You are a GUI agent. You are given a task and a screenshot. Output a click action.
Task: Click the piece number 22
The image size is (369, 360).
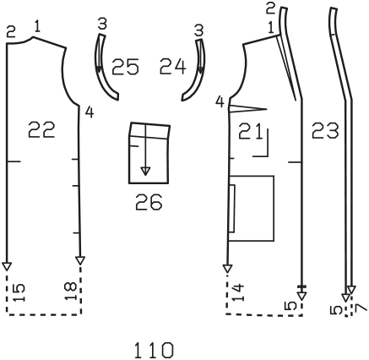point(41,130)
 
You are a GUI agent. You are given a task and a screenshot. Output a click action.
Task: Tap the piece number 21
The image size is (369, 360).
point(251,131)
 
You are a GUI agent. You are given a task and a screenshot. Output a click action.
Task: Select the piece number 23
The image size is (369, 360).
point(325,131)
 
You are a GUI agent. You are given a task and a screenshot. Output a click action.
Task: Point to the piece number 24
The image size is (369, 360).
point(173,67)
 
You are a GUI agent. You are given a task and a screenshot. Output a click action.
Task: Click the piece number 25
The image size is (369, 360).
point(125,67)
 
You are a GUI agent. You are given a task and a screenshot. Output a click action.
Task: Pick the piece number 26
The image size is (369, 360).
point(149,202)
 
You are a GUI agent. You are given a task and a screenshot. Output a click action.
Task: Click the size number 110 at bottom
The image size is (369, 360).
point(154,350)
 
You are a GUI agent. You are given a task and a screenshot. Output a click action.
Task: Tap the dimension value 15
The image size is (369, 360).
point(19,292)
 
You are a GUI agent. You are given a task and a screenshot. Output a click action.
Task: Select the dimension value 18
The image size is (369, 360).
point(70,292)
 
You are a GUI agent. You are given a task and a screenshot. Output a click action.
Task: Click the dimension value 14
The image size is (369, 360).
point(238,293)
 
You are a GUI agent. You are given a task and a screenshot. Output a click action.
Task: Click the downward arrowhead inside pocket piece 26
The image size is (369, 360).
point(145,172)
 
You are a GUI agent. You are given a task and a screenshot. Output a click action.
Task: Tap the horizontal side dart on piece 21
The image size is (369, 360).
point(248,108)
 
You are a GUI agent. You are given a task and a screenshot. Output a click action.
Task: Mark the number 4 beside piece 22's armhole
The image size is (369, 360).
point(90,112)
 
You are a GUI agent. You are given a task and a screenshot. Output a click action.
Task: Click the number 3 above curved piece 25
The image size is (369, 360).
point(102,24)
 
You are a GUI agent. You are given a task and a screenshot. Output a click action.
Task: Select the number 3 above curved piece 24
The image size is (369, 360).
point(198,30)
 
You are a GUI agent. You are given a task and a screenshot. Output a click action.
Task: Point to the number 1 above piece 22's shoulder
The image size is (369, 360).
point(37,26)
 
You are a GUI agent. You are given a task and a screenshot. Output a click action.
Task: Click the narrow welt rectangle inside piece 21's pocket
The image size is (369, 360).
point(232,209)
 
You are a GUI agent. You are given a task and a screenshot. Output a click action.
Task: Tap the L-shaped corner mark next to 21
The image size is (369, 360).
point(264,146)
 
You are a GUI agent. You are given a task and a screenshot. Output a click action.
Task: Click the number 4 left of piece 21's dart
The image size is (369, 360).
point(220,102)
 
